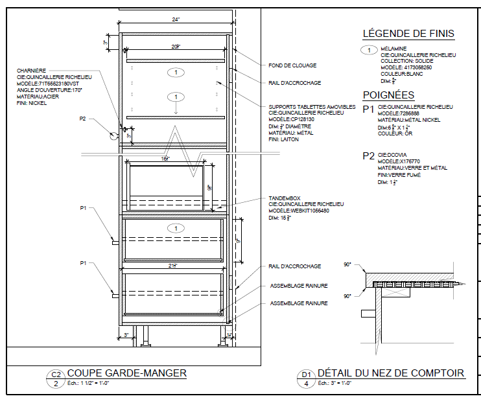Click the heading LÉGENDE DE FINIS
tap(408, 34)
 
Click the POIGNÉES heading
tap(389, 95)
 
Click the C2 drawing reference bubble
tap(56, 375)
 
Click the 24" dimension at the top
tap(176, 20)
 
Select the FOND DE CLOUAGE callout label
tap(292, 65)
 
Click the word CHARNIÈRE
tap(31, 70)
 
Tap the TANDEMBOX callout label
tap(285, 198)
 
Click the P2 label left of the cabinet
tap(83, 119)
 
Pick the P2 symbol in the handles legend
tap(368, 156)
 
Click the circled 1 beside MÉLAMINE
tap(369, 50)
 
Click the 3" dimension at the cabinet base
tap(127, 334)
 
